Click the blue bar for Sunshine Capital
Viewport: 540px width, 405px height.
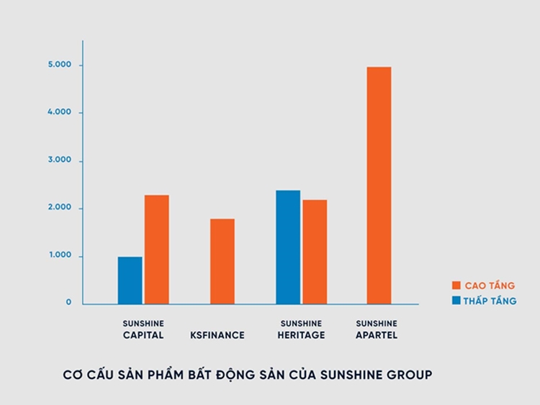click(x=130, y=281)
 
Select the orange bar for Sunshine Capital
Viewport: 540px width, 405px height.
click(x=156, y=250)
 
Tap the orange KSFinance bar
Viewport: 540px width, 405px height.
click(x=222, y=261)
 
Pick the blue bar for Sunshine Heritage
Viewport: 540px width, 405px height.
click(x=288, y=247)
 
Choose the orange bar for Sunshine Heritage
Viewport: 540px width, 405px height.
click(x=315, y=252)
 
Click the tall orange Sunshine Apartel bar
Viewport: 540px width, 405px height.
click(x=379, y=186)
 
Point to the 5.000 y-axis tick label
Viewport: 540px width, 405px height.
click(x=60, y=65)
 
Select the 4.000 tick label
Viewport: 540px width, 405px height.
click(x=60, y=112)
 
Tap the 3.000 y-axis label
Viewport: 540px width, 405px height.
click(x=60, y=160)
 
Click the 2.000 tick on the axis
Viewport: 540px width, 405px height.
click(x=60, y=208)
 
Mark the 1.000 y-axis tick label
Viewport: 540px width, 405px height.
click(x=60, y=255)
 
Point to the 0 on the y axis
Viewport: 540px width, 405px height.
click(x=69, y=302)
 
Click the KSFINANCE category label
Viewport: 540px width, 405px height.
click(x=217, y=335)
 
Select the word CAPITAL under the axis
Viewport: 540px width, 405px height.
click(x=143, y=335)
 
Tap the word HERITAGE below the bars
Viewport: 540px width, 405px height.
click(x=302, y=335)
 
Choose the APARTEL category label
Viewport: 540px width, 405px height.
click(x=377, y=335)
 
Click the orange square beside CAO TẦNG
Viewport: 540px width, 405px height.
click(x=456, y=286)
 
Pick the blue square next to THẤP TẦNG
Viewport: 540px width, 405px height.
click(x=456, y=301)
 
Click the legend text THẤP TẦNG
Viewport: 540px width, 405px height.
click(x=490, y=301)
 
